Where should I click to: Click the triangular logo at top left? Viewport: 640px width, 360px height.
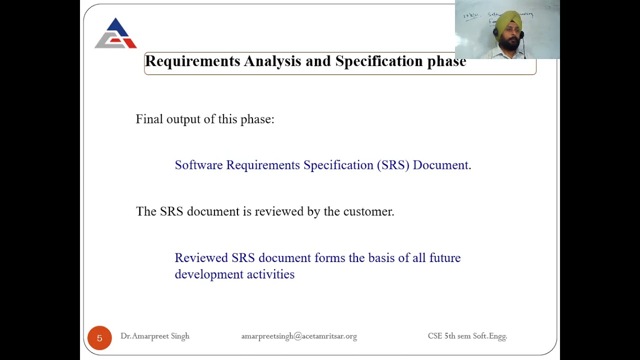pyautogui.click(x=115, y=34)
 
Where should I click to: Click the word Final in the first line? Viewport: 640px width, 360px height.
pyautogui.click(x=149, y=119)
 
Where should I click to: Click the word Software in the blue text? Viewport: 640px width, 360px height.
pyautogui.click(x=198, y=165)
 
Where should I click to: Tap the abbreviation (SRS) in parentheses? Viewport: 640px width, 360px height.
pyautogui.click(x=393, y=165)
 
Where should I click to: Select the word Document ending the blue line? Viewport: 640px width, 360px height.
pyautogui.click(x=440, y=165)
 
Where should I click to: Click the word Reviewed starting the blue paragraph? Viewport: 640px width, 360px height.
pyautogui.click(x=201, y=258)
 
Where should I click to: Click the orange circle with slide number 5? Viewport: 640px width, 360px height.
pyautogui.click(x=99, y=338)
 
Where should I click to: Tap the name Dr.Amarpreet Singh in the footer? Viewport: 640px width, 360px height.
pyautogui.click(x=155, y=336)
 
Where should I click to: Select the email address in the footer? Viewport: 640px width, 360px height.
pyautogui.click(x=299, y=336)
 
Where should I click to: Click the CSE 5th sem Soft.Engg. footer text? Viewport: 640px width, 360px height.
pyautogui.click(x=467, y=336)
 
